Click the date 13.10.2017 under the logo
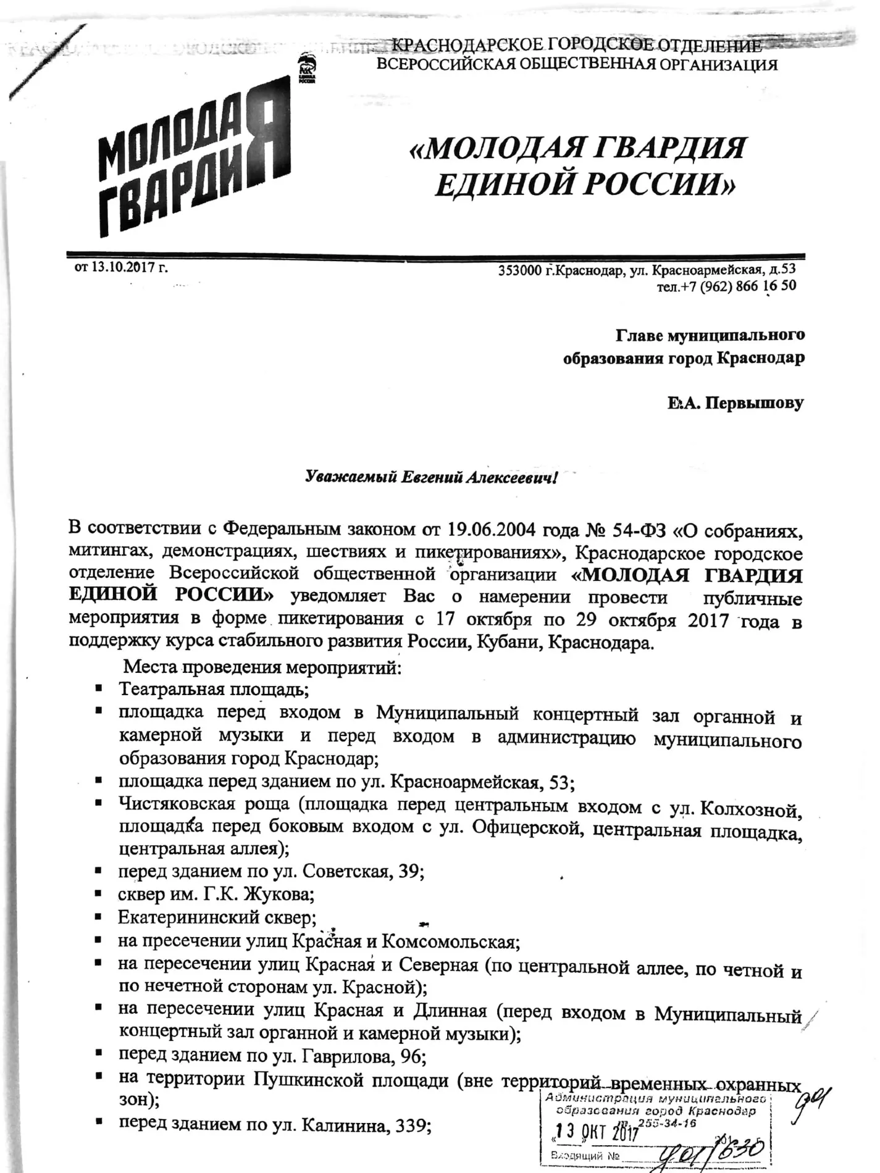[x=130, y=267]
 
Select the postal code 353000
[x=520, y=270]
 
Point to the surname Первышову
[x=755, y=404]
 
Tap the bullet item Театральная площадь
[x=214, y=688]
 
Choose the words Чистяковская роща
[x=204, y=804]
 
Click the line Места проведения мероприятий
[x=262, y=667]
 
